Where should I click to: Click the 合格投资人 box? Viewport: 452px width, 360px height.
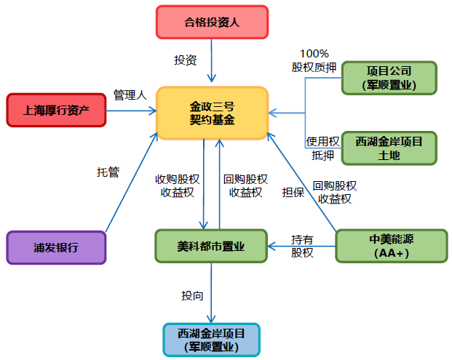point(212,22)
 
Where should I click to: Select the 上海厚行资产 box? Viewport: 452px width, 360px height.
point(56,111)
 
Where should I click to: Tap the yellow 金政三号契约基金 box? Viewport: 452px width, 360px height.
point(212,113)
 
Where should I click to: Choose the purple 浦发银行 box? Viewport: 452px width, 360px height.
point(56,247)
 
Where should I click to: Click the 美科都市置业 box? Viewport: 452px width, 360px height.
point(211,247)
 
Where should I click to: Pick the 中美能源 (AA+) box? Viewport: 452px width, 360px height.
point(391,247)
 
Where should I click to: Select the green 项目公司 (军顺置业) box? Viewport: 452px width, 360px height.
point(389,78)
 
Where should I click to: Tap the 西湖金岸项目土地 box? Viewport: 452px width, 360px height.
point(389,148)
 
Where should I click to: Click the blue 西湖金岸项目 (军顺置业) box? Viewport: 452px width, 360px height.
point(211,340)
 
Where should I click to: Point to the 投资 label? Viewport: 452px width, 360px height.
point(185,60)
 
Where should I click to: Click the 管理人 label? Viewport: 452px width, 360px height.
point(130,95)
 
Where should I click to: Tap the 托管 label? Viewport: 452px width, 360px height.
point(108,172)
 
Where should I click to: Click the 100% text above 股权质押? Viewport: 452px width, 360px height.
point(314,53)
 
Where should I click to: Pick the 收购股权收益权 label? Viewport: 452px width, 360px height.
point(177,185)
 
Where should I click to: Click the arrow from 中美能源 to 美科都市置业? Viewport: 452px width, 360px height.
point(301,247)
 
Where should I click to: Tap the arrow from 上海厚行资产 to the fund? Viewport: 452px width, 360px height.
point(131,111)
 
